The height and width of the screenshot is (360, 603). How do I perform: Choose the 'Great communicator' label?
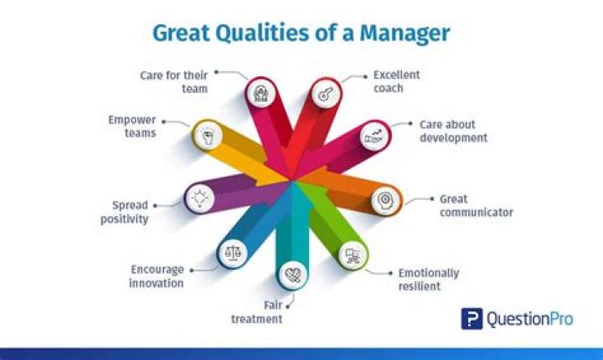(x=476, y=206)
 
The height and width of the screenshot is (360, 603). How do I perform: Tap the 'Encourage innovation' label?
(x=157, y=276)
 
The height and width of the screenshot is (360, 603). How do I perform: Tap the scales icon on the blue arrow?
(x=230, y=251)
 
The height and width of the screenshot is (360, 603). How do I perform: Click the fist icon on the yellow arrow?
(x=207, y=134)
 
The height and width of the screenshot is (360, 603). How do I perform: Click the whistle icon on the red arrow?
(x=323, y=95)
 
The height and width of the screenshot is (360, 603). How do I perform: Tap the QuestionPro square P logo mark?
(x=471, y=319)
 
